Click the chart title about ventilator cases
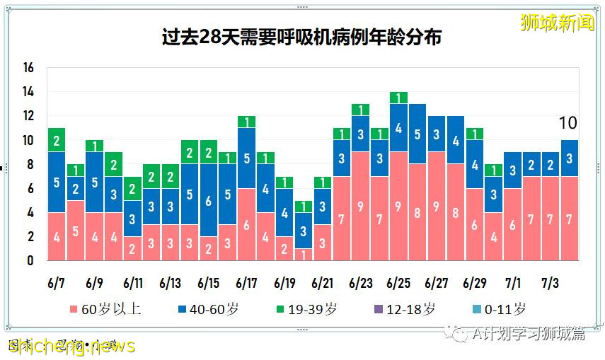click(x=301, y=36)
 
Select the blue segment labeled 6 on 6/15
click(x=209, y=200)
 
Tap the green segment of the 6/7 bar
click(x=57, y=140)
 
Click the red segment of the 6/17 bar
click(x=246, y=224)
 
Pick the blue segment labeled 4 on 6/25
click(x=398, y=128)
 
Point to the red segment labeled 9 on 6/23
click(x=360, y=206)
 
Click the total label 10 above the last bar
click(x=568, y=123)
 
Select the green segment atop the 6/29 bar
click(x=474, y=134)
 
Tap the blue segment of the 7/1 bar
click(x=512, y=170)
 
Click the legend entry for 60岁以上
click(x=105, y=309)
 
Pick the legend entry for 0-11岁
click(x=498, y=309)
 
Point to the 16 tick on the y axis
click(x=28, y=68)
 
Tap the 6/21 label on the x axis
click(x=322, y=283)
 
